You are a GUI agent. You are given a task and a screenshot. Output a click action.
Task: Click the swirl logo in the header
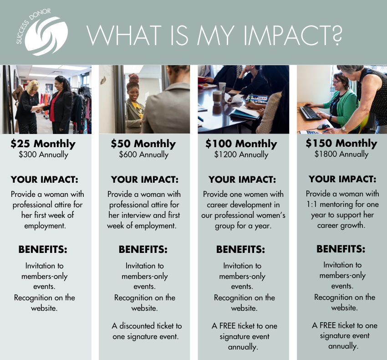tap(46, 36)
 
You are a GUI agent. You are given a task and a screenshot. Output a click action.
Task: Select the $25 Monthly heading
tap(43, 144)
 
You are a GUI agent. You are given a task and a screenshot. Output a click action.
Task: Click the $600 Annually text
tap(143, 154)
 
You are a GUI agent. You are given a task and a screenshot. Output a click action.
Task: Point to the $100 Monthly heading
tap(241, 144)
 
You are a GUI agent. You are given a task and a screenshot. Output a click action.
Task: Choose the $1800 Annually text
tap(341, 154)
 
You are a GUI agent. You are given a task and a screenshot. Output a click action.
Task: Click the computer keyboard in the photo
tap(310, 113)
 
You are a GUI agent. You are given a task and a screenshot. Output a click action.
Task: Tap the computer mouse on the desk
tap(323, 127)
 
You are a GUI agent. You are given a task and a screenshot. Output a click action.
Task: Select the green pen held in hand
tap(250, 99)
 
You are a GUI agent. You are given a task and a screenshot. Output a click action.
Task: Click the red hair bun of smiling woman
tap(133, 78)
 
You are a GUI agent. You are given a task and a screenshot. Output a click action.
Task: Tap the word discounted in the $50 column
tap(137, 326)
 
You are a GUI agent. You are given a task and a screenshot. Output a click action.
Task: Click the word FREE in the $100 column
tap(227, 326)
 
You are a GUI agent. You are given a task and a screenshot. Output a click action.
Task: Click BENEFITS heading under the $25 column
tap(43, 250)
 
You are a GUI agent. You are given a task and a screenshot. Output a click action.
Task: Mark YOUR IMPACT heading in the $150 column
tap(342, 179)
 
